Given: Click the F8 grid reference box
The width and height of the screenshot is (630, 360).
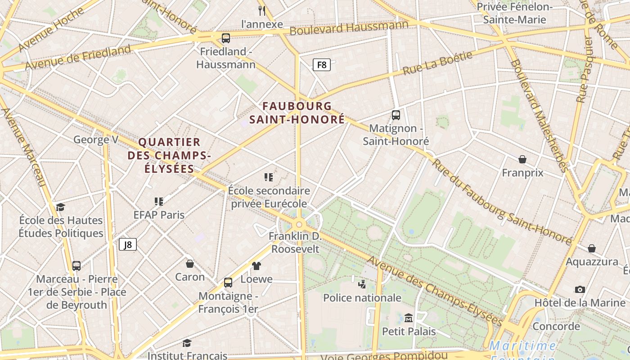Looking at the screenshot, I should [322, 65].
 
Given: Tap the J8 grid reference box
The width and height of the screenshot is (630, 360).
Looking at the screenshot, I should [128, 244].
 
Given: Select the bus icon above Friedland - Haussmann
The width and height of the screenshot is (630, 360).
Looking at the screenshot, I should [226, 38].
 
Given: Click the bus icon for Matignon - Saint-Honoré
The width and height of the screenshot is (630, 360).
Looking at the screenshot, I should [396, 115].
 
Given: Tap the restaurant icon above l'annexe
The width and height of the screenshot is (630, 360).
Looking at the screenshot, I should [262, 10].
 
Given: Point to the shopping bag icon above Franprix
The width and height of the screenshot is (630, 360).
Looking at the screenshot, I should [522, 159].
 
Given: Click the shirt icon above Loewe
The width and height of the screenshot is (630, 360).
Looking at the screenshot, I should [256, 265].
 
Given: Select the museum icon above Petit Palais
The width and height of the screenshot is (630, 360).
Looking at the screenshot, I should [409, 318].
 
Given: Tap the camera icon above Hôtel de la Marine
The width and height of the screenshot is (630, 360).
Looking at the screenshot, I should [580, 289].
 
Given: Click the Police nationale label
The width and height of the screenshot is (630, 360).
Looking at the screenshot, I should [362, 297].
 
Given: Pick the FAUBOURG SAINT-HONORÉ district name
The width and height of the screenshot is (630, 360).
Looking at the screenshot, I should [297, 113].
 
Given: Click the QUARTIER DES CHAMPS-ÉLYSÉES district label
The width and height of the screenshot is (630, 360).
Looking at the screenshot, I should [169, 156].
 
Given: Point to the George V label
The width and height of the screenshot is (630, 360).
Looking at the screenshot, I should [96, 139].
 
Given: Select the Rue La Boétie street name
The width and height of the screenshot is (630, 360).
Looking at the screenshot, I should [437, 63].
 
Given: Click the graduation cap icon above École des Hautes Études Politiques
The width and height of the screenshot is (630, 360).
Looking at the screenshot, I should [60, 207].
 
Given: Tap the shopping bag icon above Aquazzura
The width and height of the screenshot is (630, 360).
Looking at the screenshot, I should [592, 248].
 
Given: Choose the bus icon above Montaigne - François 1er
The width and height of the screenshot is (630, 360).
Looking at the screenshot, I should [228, 283].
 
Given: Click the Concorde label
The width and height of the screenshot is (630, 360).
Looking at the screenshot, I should [556, 326].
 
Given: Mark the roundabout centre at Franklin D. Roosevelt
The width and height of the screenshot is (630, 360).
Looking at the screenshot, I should [299, 224].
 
